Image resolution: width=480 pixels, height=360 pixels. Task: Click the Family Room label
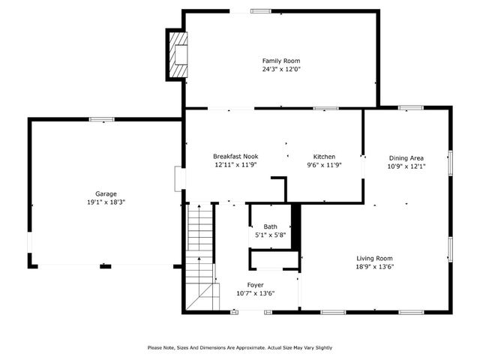[x=281, y=61]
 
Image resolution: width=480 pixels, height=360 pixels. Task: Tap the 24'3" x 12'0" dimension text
[x=281, y=69]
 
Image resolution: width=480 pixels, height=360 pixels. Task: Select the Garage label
[x=106, y=193]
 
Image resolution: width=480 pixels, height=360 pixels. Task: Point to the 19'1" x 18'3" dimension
[x=106, y=202]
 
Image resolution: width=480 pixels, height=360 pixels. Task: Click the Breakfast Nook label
[x=235, y=157]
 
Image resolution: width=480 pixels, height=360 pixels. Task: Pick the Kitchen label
[x=324, y=157]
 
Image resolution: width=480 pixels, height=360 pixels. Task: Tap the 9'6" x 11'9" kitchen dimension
[x=324, y=165]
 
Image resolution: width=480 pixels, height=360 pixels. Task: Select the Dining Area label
[x=406, y=158]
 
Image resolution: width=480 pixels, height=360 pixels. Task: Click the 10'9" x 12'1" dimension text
[x=406, y=166]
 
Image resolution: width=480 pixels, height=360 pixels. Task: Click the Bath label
[x=270, y=226]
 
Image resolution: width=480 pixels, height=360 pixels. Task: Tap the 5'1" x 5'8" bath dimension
[x=270, y=235]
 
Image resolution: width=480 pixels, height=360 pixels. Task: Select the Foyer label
[x=256, y=285]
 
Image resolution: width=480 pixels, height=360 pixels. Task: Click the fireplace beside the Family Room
[x=177, y=55]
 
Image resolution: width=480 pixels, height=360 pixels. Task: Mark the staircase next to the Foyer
[x=200, y=247]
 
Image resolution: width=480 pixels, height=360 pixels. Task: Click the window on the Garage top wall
[x=101, y=119]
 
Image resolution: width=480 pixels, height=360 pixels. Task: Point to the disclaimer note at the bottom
[x=239, y=347]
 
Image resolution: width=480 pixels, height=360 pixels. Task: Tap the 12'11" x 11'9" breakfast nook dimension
[x=235, y=165]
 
